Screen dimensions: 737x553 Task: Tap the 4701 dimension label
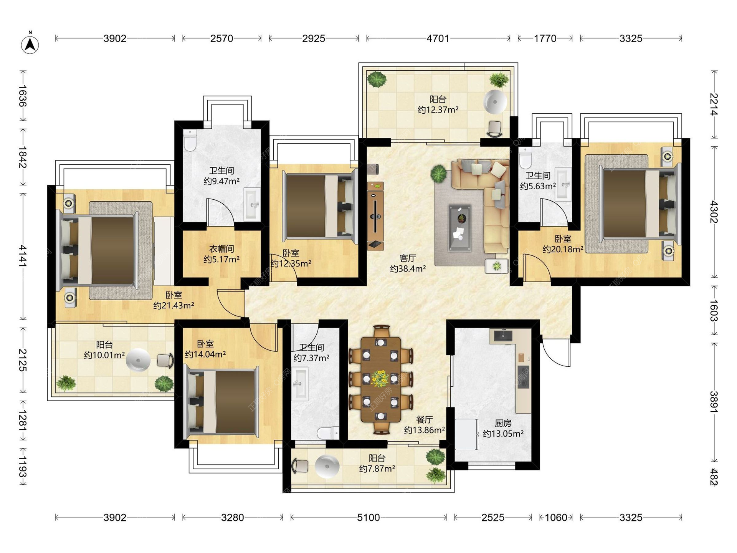438,38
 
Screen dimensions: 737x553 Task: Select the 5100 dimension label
368,517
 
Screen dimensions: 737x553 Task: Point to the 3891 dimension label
714,402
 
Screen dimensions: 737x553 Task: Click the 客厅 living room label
408,258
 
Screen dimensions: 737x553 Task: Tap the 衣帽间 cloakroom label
221,249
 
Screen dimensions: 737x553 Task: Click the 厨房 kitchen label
503,423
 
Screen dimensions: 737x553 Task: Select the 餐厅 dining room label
424,419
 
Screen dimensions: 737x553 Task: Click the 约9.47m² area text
221,181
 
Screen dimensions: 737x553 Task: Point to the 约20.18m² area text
563,249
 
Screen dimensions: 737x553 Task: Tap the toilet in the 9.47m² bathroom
190,140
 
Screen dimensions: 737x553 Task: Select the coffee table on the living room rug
460,228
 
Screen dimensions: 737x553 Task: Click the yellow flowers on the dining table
380,378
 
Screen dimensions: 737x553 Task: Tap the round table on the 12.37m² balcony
495,102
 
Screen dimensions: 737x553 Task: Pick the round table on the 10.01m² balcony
138,360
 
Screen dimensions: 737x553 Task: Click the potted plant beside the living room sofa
439,174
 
